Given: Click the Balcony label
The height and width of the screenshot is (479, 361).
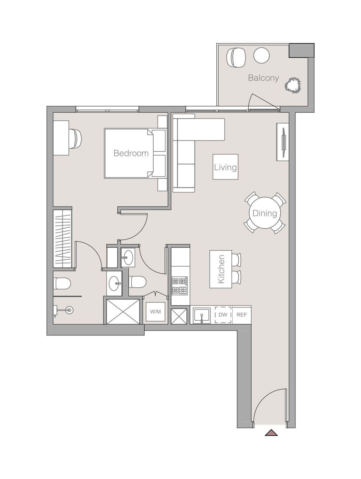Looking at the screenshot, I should [263, 78].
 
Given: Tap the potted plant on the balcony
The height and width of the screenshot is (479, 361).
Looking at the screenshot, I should [293, 85].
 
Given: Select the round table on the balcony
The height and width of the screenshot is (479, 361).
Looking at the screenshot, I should [261, 55].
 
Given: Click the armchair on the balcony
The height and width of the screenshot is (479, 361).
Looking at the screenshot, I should [236, 57].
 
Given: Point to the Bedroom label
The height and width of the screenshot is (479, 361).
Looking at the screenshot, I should [131, 153].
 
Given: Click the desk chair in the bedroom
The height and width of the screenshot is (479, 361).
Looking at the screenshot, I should [75, 139].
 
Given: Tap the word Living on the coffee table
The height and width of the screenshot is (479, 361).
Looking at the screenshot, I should [225, 167].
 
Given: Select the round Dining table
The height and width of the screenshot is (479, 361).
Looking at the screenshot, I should [265, 213].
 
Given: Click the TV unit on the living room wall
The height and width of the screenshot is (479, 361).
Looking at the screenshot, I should [283, 142].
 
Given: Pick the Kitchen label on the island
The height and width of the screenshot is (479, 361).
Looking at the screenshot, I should [221, 269].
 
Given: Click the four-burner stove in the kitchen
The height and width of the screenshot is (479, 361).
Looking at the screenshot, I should [180, 286].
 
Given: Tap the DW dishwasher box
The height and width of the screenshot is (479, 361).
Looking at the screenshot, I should [223, 315].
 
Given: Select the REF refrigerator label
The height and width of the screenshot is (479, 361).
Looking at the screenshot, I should [242, 315].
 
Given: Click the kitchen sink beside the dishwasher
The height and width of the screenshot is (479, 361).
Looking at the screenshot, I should [202, 315].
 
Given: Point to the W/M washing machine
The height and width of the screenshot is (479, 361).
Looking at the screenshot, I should [156, 312].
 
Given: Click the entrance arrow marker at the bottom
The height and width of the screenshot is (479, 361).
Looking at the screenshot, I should [271, 433].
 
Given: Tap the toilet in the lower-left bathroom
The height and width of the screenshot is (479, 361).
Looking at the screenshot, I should [62, 283].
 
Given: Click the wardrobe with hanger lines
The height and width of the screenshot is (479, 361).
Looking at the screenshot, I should [62, 239].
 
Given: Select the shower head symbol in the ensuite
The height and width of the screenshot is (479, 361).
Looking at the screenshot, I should [69, 309].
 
